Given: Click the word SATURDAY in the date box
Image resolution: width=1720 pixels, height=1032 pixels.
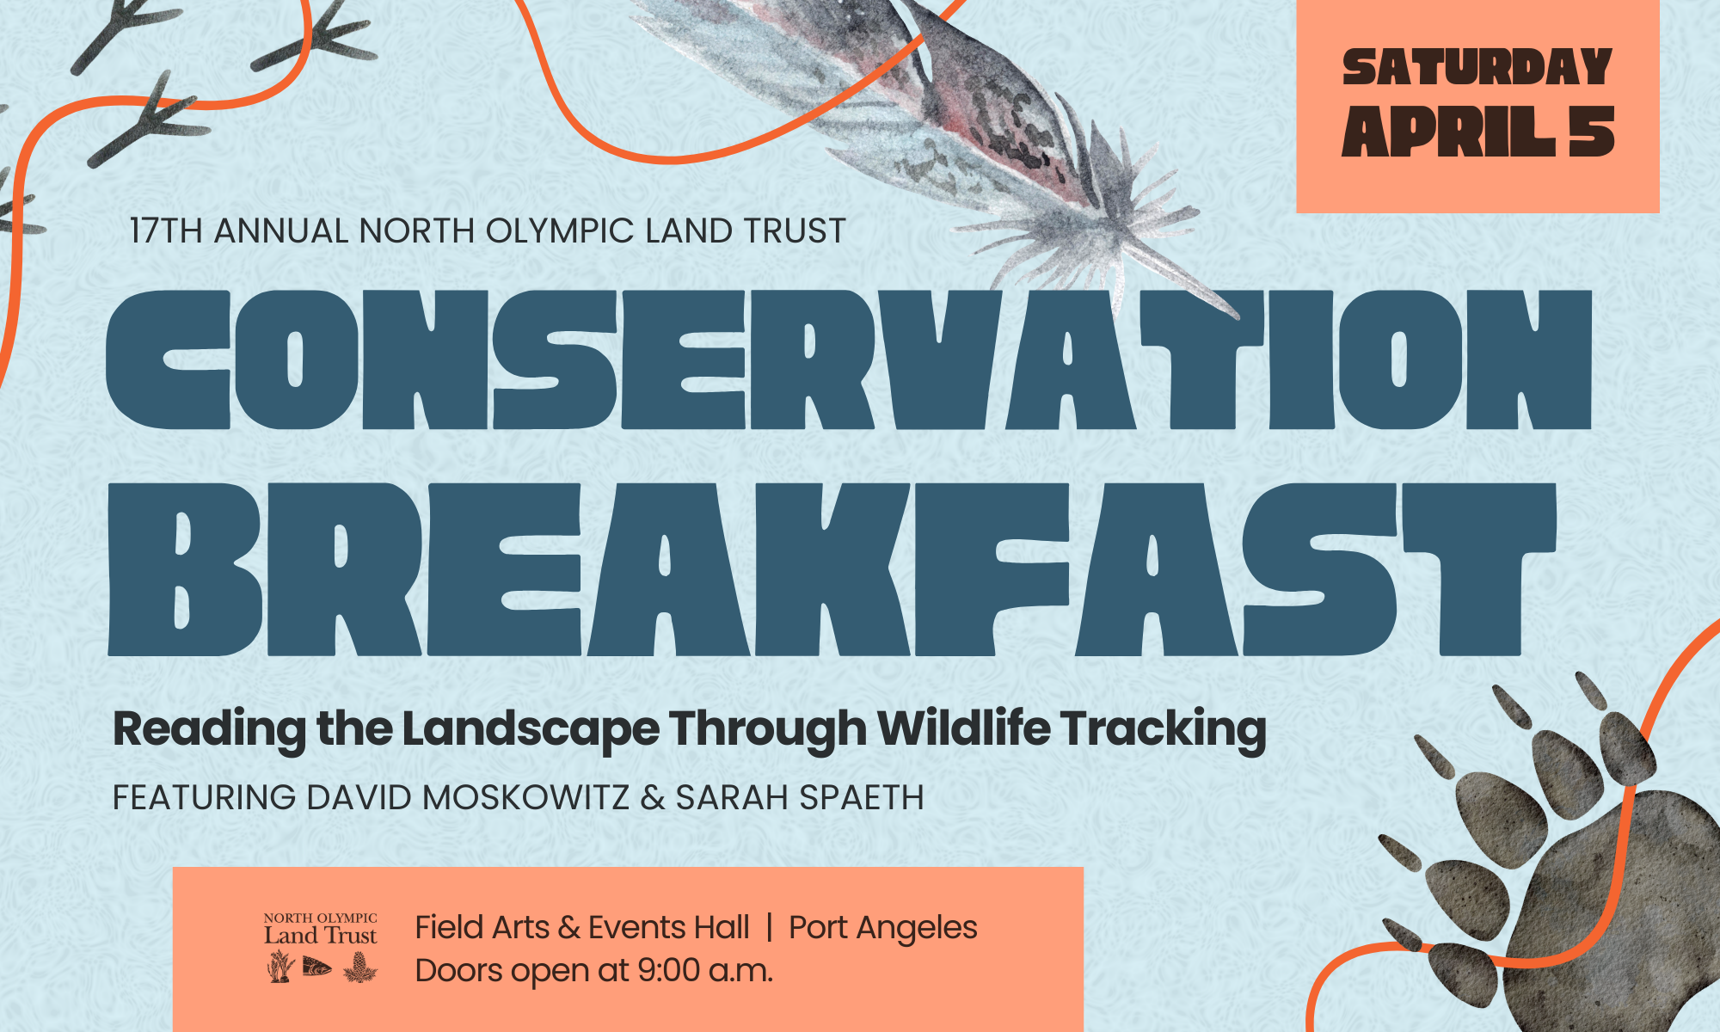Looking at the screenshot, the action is click(x=1477, y=67).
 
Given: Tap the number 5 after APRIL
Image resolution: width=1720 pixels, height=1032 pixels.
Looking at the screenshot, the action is click(x=1591, y=132).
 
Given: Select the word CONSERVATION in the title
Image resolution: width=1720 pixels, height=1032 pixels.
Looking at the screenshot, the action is click(x=849, y=359).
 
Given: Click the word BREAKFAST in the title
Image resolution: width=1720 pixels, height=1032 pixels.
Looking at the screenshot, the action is click(x=832, y=569).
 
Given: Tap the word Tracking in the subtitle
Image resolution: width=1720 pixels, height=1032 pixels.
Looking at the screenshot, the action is click(x=1164, y=730).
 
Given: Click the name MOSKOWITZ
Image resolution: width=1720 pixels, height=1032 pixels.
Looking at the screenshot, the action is click(x=525, y=797).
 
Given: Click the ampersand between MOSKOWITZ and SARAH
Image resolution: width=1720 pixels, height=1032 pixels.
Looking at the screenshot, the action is click(x=653, y=797).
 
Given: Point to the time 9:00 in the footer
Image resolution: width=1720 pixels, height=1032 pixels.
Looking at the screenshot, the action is click(x=668, y=971).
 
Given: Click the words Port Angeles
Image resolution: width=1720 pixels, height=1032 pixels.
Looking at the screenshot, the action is click(x=883, y=928).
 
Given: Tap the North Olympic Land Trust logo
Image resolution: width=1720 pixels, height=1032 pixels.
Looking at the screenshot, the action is click(x=321, y=947).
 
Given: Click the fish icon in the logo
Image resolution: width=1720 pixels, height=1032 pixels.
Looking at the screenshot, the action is click(x=316, y=967).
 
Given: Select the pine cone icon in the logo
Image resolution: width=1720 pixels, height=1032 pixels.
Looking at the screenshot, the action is click(x=359, y=967).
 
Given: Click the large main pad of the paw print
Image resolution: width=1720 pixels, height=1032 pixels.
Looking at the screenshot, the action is click(x=1625, y=912).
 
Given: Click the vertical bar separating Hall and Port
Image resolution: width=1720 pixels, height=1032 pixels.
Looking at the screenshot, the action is click(x=769, y=928).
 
